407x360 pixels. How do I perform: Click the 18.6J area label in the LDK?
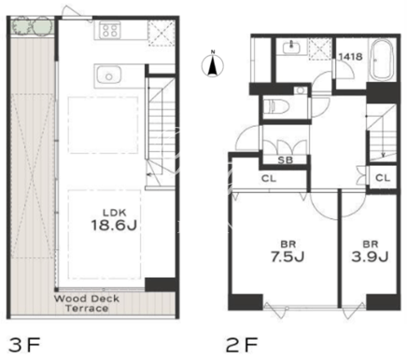click(x=114, y=225)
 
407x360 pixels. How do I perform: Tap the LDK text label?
click(x=115, y=213)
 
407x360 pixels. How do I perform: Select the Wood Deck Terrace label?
click(x=87, y=304)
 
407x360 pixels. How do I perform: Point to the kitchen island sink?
click(x=108, y=75)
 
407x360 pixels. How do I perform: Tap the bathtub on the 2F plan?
click(x=382, y=61)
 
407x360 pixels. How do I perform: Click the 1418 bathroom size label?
click(x=350, y=57)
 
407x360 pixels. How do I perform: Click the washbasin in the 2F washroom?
click(x=291, y=48)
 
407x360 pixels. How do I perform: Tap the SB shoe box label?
click(x=285, y=160)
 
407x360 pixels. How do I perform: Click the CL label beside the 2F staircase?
click(x=383, y=178)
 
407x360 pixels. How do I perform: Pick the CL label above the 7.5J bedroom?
click(x=269, y=178)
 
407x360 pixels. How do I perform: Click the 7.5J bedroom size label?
click(x=288, y=256)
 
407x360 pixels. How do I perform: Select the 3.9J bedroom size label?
click(x=371, y=256)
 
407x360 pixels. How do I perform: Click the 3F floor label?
click(x=24, y=345)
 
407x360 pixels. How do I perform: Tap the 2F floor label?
click(x=242, y=345)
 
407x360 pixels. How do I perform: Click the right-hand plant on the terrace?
click(x=42, y=26)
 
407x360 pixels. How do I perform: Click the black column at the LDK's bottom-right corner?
click(x=161, y=284)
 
